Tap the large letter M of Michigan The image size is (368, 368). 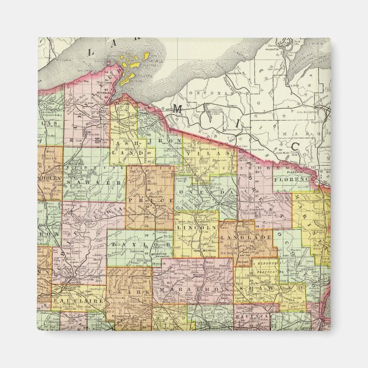[178, 107]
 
